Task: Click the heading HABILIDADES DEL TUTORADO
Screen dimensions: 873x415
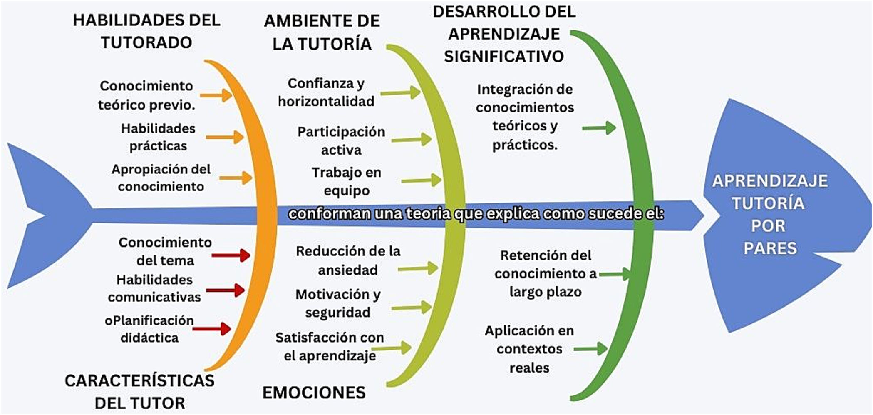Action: click(x=146, y=31)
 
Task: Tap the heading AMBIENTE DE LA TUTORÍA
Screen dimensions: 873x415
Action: click(x=322, y=32)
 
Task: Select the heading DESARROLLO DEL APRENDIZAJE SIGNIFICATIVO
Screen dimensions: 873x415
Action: click(x=504, y=34)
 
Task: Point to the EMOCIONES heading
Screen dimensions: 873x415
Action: click(x=314, y=392)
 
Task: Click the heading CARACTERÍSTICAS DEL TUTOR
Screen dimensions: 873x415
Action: click(x=140, y=392)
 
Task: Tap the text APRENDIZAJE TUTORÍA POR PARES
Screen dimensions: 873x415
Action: click(x=770, y=214)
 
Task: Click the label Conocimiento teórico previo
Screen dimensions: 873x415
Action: click(x=146, y=95)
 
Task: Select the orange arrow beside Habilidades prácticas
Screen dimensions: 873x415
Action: click(x=225, y=137)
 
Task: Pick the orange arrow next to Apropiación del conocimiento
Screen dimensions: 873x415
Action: click(x=236, y=178)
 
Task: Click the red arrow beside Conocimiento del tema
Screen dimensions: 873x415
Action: click(x=231, y=255)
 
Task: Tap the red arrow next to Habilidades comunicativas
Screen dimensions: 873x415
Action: click(x=226, y=290)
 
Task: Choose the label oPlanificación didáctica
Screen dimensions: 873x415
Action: click(x=149, y=329)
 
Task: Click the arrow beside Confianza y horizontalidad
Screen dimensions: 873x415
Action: click(x=401, y=92)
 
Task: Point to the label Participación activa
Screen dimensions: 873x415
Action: click(x=341, y=140)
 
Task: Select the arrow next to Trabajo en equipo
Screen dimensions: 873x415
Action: click(x=422, y=180)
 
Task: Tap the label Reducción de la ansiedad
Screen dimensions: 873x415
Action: click(x=348, y=260)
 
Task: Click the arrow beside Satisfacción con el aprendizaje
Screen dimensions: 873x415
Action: click(x=391, y=347)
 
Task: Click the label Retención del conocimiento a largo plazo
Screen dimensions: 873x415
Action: click(x=546, y=273)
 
